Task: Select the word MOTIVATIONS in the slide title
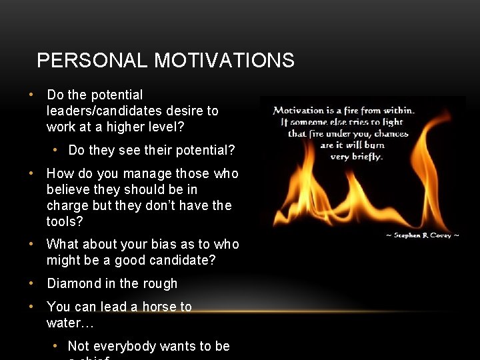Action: pyautogui.click(x=224, y=61)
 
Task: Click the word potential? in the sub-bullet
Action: pyautogui.click(x=206, y=150)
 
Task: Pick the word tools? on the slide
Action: pyautogui.click(x=65, y=221)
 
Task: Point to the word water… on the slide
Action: pyautogui.click(x=70, y=323)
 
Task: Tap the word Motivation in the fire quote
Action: pyautogui.click(x=299, y=110)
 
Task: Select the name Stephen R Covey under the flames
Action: pyautogui.click(x=423, y=235)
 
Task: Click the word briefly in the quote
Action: pyautogui.click(x=366, y=157)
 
